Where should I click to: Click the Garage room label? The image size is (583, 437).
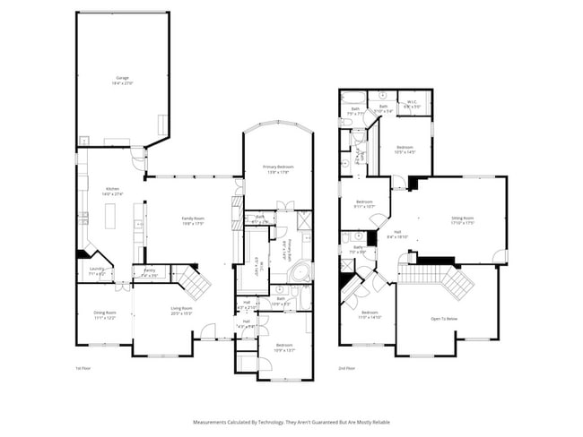(x=121, y=80)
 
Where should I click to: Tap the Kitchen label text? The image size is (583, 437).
(x=113, y=190)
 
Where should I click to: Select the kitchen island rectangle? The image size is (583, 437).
(x=110, y=217)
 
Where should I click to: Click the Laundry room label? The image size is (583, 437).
(x=97, y=269)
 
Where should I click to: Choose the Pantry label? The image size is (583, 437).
(x=149, y=271)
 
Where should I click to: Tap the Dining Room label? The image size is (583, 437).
(x=104, y=314)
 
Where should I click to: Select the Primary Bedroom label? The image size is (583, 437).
(x=278, y=169)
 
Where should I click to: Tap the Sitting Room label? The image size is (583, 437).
(x=462, y=219)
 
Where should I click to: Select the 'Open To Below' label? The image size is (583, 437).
(x=445, y=318)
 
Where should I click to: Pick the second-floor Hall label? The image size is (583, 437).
(x=397, y=235)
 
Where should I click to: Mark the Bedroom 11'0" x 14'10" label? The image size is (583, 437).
(x=370, y=314)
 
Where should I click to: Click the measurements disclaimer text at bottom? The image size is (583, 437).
(x=291, y=421)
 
